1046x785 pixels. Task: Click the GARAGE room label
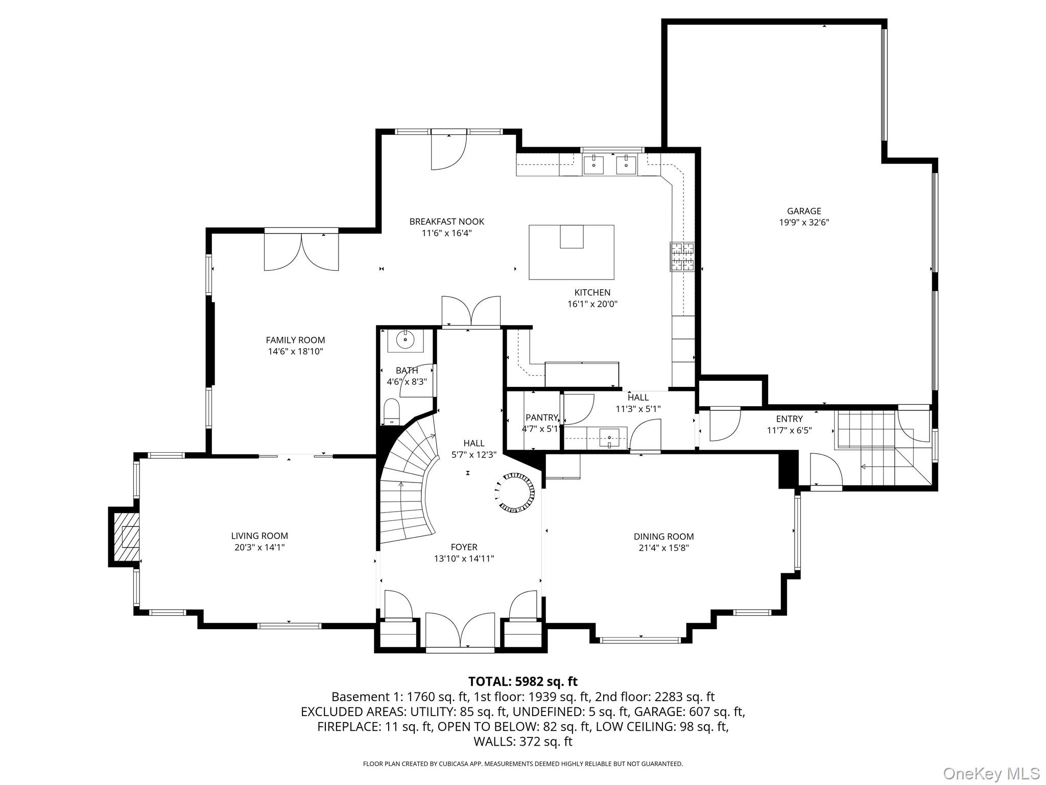pyautogui.click(x=804, y=211)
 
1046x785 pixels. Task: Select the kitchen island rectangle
pyautogui.click(x=571, y=252)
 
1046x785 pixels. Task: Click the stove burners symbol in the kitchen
pyautogui.click(x=682, y=257)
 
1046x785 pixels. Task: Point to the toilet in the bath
pyautogui.click(x=392, y=411)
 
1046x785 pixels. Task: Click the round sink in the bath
pyautogui.click(x=405, y=339)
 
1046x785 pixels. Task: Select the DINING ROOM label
pyautogui.click(x=663, y=537)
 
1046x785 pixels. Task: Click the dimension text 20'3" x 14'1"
pyautogui.click(x=259, y=547)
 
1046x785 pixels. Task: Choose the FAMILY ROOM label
pyautogui.click(x=295, y=340)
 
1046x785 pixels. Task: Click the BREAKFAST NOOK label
pyautogui.click(x=446, y=221)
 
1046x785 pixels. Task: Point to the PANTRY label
pyautogui.click(x=541, y=418)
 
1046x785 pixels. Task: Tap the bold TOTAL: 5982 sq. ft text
pyautogui.click(x=522, y=681)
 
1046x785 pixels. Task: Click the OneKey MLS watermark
pyautogui.click(x=991, y=773)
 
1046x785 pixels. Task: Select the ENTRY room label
pyautogui.click(x=789, y=419)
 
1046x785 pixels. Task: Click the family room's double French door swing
pyautogui.click(x=301, y=251)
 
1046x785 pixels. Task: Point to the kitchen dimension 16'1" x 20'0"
pyautogui.click(x=592, y=304)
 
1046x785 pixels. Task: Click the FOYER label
pyautogui.click(x=464, y=547)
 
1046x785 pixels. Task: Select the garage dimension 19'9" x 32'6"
pyautogui.click(x=804, y=222)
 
